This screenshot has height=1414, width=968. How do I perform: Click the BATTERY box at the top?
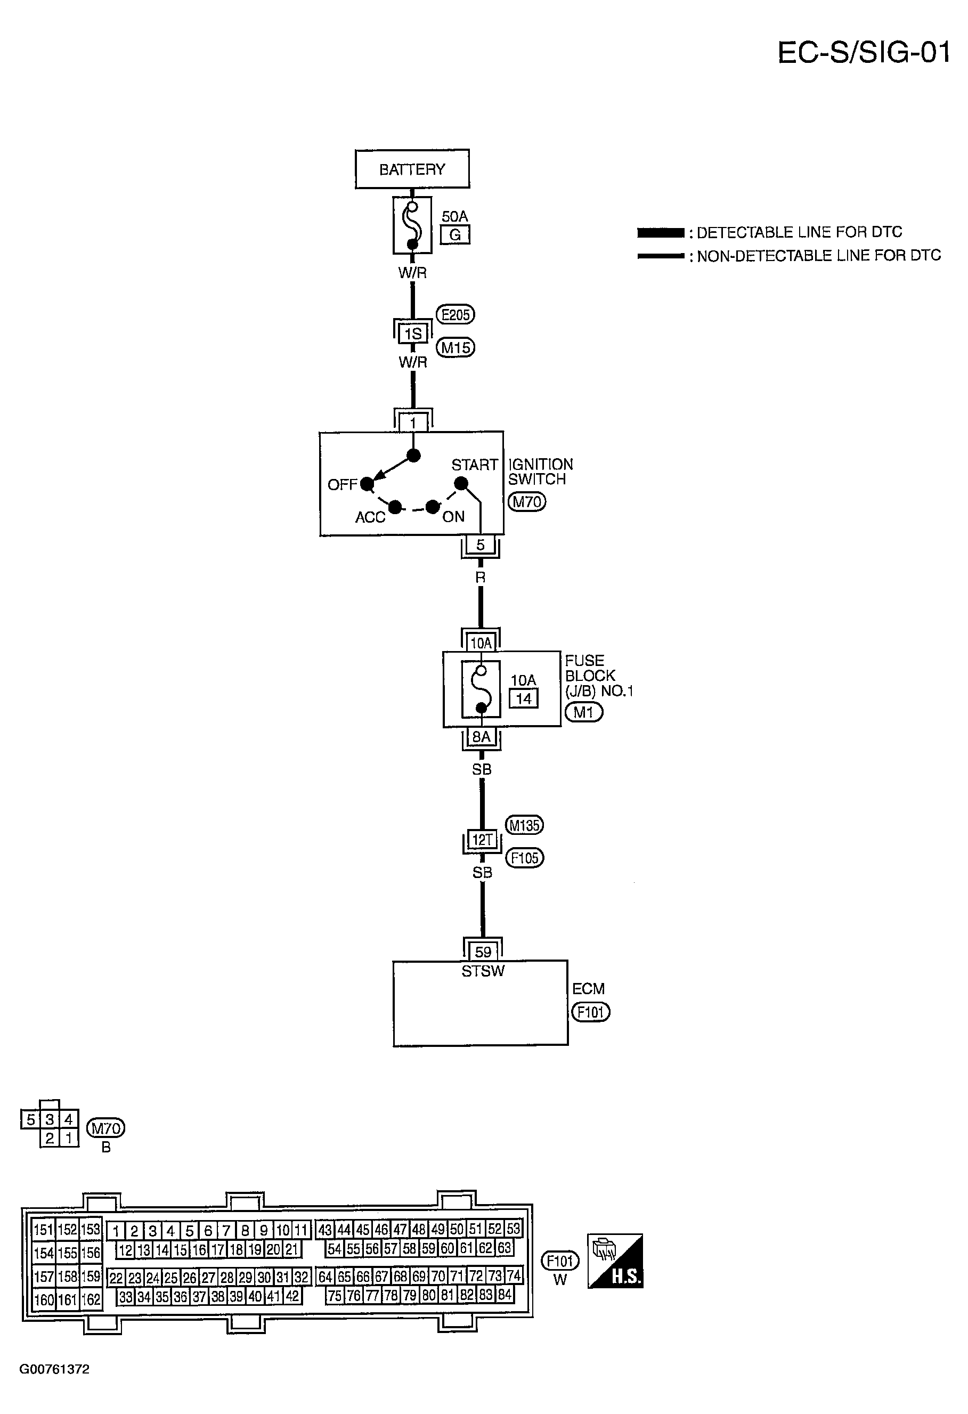(x=412, y=168)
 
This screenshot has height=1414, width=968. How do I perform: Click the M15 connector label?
(x=455, y=347)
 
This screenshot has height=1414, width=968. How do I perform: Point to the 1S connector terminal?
(x=412, y=334)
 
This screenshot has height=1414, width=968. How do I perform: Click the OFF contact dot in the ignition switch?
(x=367, y=484)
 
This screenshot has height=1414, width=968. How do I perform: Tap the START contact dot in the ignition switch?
(x=461, y=484)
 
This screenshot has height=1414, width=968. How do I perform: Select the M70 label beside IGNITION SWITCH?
(x=527, y=501)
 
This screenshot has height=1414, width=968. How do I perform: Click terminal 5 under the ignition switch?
(x=480, y=545)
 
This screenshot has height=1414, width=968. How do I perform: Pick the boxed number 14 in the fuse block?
(x=523, y=698)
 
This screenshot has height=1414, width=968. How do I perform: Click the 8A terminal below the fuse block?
(x=481, y=737)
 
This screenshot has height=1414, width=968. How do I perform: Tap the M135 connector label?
(x=524, y=825)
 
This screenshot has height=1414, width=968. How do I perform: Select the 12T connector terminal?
(x=482, y=840)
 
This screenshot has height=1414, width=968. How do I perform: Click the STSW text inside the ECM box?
(x=483, y=971)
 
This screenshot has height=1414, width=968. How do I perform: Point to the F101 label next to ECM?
(x=590, y=1012)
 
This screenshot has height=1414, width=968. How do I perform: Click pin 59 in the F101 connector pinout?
(x=428, y=1249)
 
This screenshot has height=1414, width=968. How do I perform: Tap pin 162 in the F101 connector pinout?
(x=91, y=1299)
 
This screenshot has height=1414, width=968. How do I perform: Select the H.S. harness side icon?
(x=615, y=1261)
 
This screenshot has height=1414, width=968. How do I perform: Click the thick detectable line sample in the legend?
(x=660, y=232)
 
